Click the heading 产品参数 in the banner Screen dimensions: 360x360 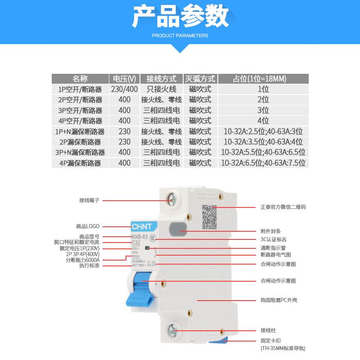tap(180, 18)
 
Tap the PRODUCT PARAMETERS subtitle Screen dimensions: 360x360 tap(180, 35)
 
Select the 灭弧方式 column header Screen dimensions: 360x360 tap(200, 79)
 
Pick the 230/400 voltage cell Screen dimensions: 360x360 tap(124, 89)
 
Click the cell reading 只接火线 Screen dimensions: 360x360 tap(161, 89)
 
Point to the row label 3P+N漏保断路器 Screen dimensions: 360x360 tap(80, 153)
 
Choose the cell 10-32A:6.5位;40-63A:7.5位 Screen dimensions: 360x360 tap(263, 163)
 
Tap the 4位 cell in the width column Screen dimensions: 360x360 tap(263, 121)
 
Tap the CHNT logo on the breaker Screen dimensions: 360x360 tap(141, 226)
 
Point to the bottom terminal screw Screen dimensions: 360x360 tap(173, 331)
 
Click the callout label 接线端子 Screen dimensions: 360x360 tap(89, 200)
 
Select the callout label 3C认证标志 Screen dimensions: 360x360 tap(273, 239)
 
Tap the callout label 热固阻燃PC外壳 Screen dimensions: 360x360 tap(279, 300)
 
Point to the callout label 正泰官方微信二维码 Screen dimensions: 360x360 tap(283, 207)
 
